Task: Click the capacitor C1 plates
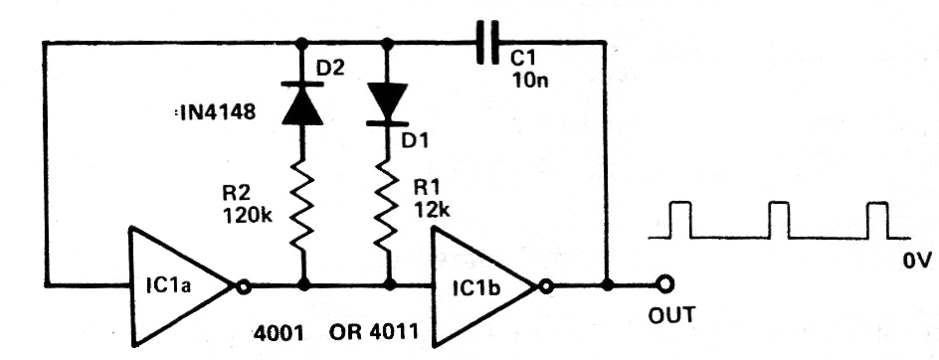tap(486, 44)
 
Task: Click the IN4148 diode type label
tap(213, 115)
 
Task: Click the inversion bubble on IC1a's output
tap(241, 287)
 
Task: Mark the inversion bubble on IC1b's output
tap(544, 287)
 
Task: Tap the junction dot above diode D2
tap(300, 43)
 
